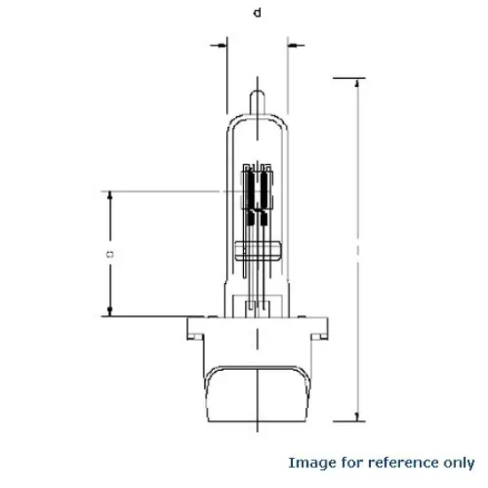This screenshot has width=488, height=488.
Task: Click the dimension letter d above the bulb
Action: (256, 12)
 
